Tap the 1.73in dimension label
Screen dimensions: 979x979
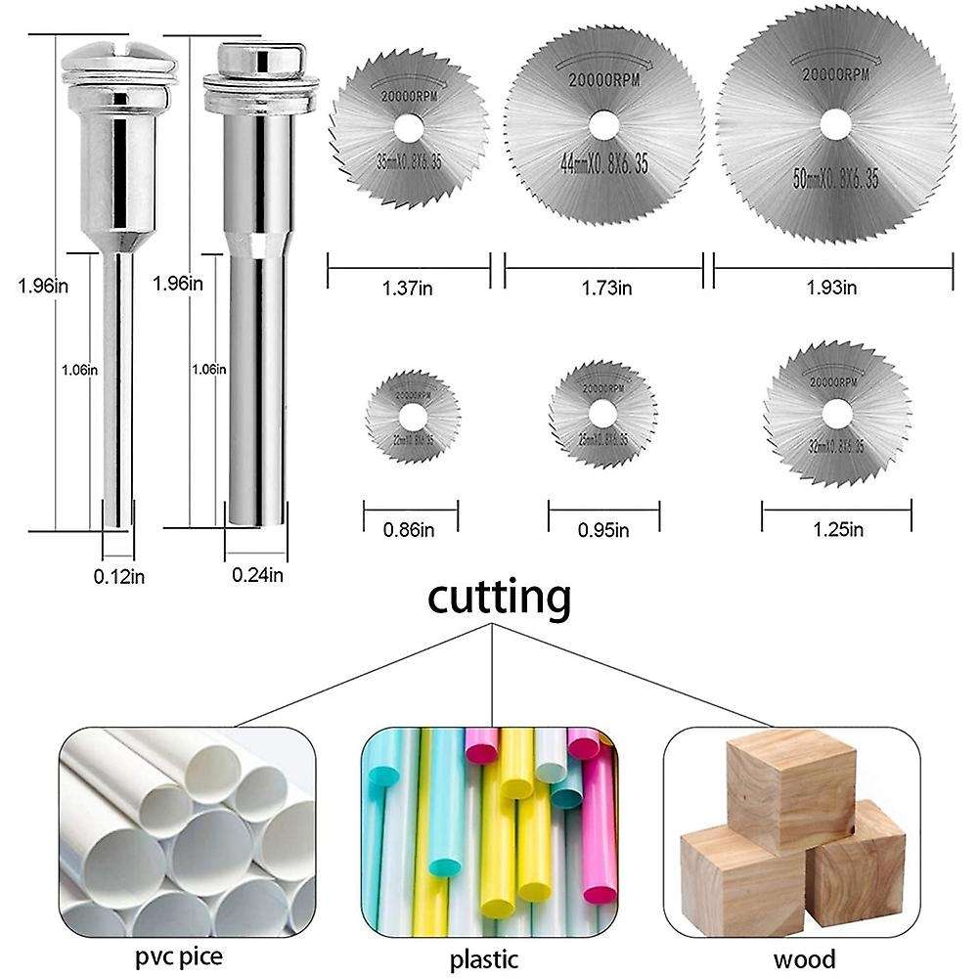pos(603,289)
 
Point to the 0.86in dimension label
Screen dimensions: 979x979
pos(411,530)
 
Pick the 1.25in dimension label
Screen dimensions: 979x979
pos(838,530)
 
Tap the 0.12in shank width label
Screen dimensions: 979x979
pos(119,576)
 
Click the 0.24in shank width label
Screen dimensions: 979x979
pos(258,575)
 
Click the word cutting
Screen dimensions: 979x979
pos(499,599)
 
